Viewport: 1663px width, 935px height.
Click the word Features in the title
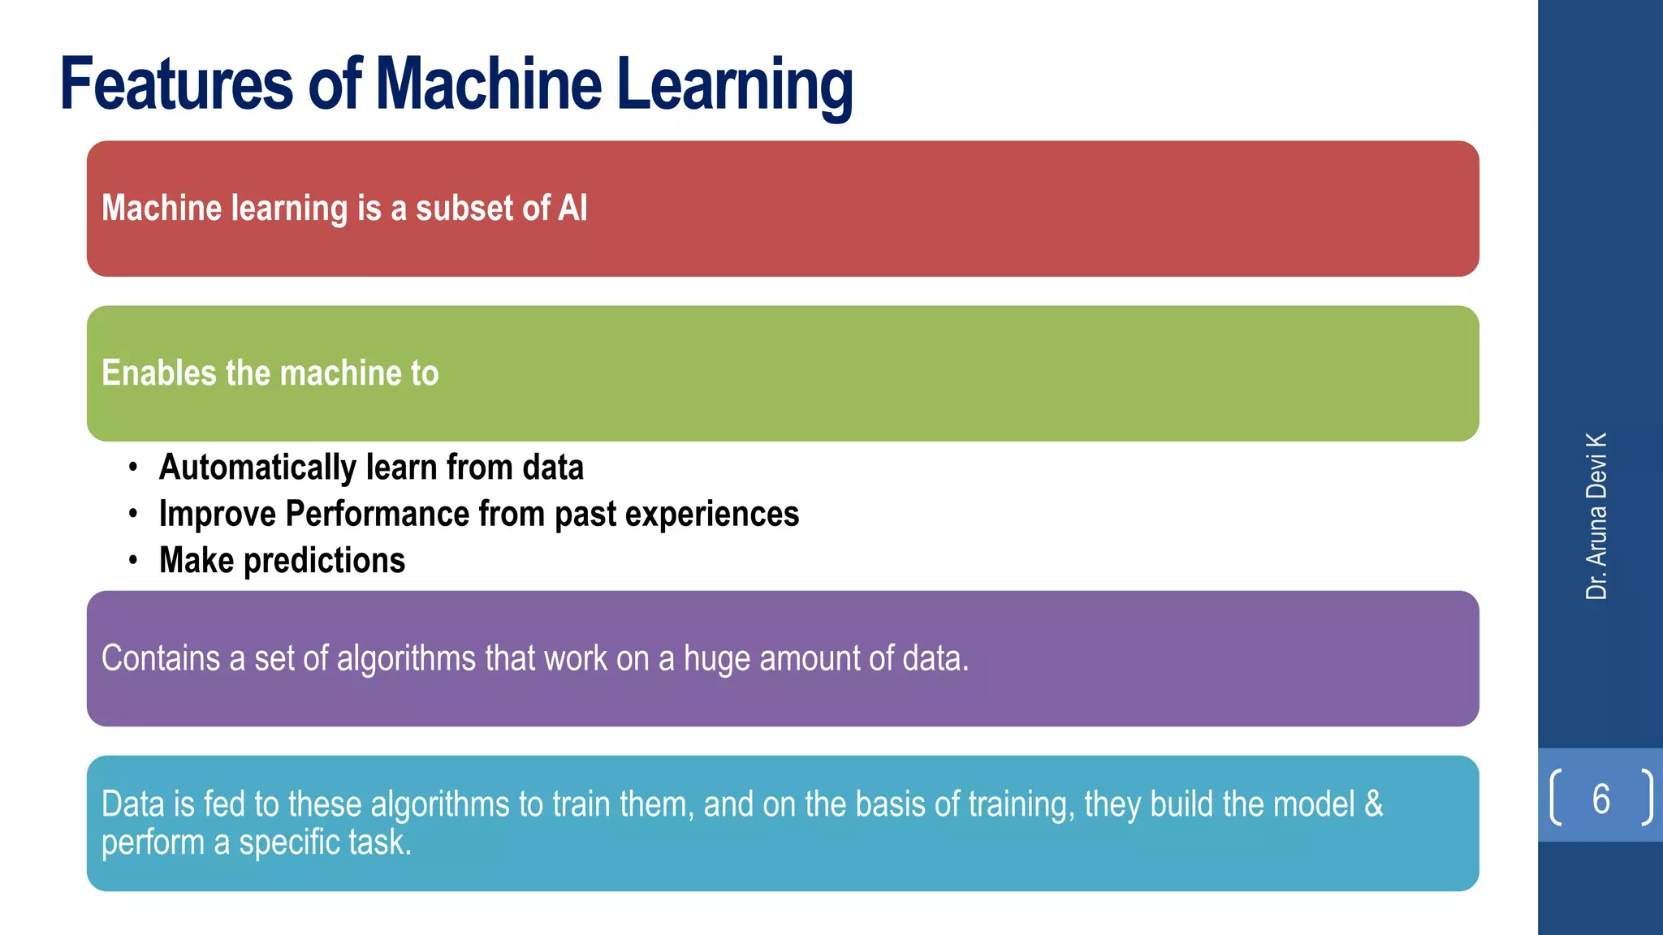click(x=176, y=84)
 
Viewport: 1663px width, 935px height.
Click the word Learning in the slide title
click(x=735, y=85)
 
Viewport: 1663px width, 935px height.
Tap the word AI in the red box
click(x=572, y=208)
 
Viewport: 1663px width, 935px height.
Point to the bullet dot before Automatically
click(x=132, y=468)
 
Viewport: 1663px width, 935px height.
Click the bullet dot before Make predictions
click(x=132, y=561)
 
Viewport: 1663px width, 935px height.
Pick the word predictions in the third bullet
click(x=324, y=561)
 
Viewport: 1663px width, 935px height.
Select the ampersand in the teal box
click(x=1374, y=804)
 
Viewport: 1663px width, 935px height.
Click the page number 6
click(x=1600, y=799)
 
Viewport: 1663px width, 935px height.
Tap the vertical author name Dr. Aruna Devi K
click(x=1596, y=516)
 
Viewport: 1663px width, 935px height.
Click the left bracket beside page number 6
click(x=1555, y=798)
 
